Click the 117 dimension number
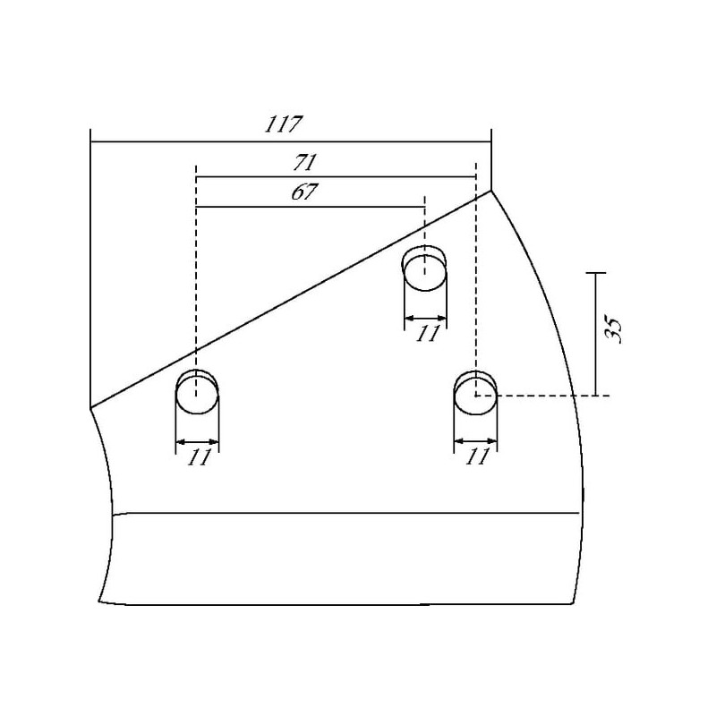click(x=284, y=124)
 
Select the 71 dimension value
click(x=305, y=163)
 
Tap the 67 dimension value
click(x=303, y=192)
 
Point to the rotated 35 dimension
click(x=612, y=328)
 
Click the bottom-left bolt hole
click(x=197, y=393)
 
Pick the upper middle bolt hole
click(x=424, y=268)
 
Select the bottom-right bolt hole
click(x=475, y=394)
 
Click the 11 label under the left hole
click(x=199, y=457)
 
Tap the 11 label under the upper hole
click(x=428, y=333)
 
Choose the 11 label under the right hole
click(x=477, y=456)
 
